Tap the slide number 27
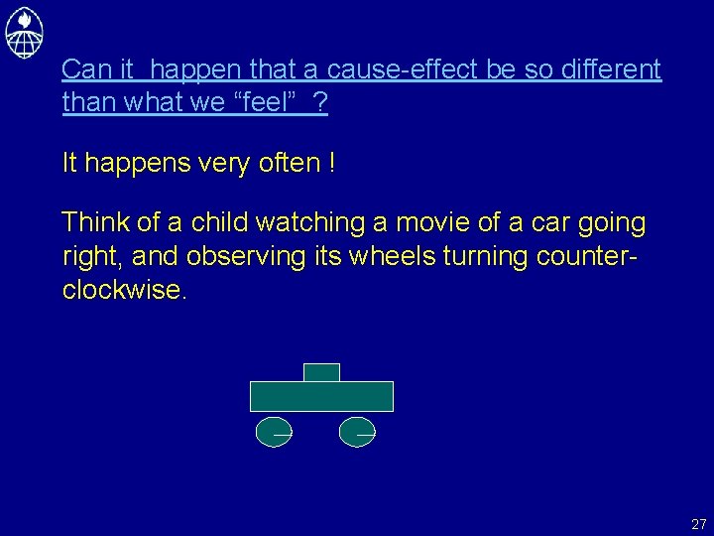pos(698,524)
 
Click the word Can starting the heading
pos(83,69)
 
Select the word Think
pos(92,223)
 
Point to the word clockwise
pos(123,290)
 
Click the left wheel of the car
pos(274,433)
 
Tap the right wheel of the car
pos(357,433)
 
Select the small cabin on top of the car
pos(321,372)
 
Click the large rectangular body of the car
pos(321,396)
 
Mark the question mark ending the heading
pos(319,102)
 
